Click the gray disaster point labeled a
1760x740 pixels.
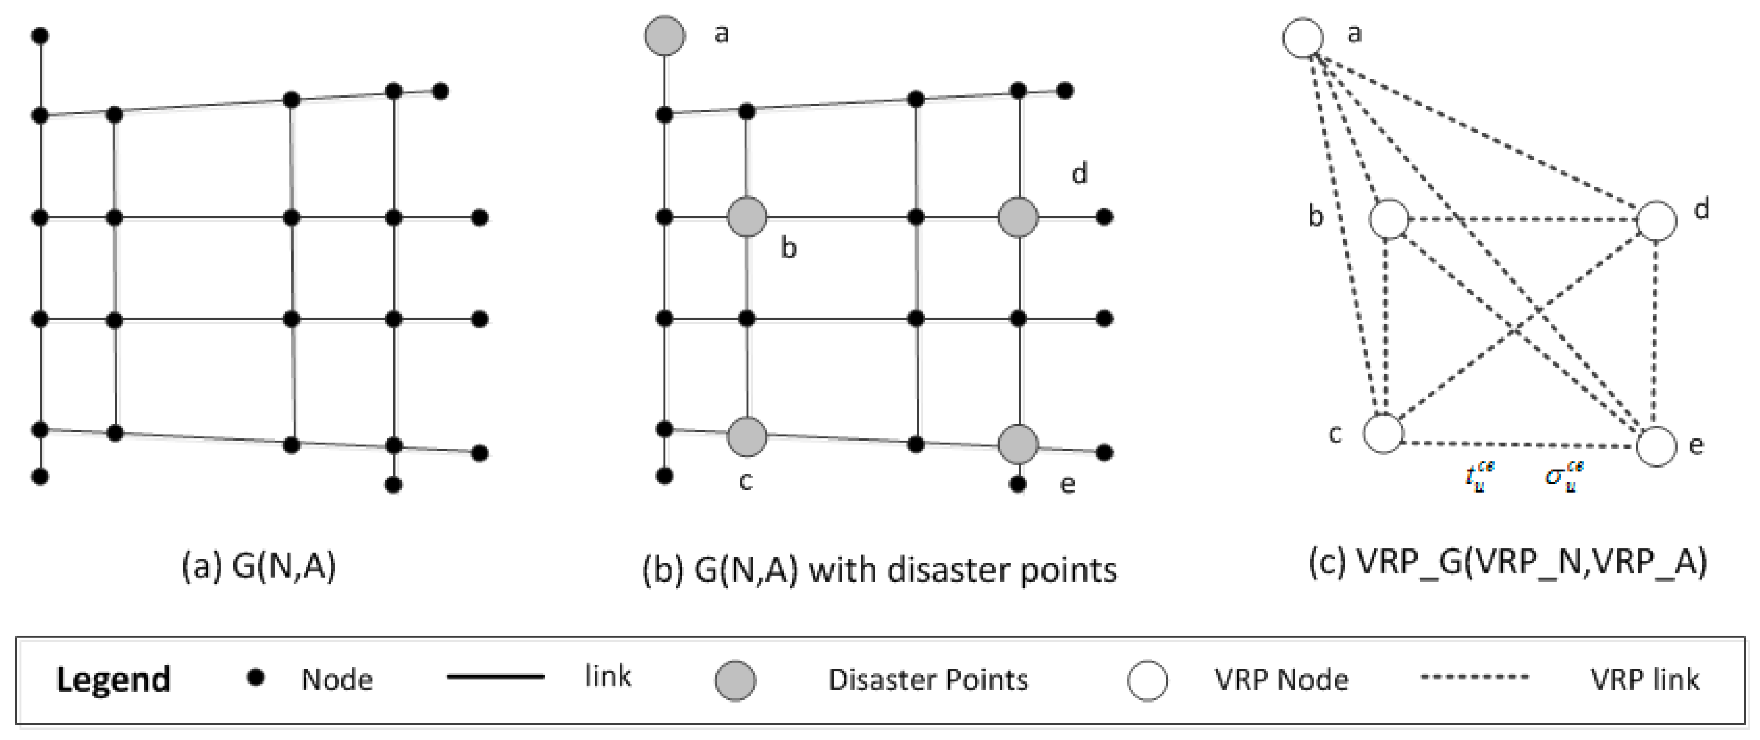[664, 35]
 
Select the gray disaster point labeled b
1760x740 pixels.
[747, 218]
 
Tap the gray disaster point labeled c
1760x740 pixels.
[747, 437]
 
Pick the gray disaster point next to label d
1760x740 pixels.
[1018, 218]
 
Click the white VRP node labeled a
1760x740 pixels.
[1303, 37]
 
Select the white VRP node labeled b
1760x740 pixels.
[1389, 219]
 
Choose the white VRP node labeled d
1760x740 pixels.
[1656, 221]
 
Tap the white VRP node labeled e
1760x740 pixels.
[1656, 446]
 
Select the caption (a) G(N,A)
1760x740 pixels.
[259, 566]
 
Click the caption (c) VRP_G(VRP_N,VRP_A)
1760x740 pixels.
[1507, 563]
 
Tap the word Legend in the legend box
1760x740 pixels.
[113, 679]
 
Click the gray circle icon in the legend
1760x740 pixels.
[735, 680]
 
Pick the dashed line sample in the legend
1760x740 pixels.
[1474, 677]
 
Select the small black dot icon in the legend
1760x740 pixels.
[256, 677]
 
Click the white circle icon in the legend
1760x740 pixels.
[1147, 680]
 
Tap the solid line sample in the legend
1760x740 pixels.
[495, 677]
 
